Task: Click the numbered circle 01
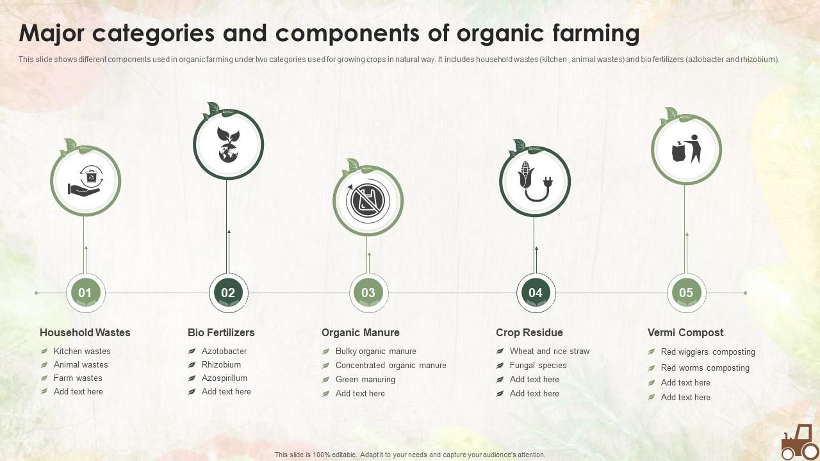[85, 293]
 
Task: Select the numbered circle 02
[228, 293]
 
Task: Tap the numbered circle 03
[368, 293]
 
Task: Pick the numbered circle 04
[536, 293]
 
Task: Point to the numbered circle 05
[685, 293]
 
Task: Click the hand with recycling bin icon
[85, 181]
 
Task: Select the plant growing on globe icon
[228, 144]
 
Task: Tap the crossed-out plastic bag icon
[368, 200]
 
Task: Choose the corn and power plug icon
[535, 181]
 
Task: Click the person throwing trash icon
[686, 149]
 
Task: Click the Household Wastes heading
[85, 332]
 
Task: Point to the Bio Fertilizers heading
[221, 332]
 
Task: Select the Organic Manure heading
[360, 332]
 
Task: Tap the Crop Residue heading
[529, 332]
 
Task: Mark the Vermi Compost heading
[685, 332]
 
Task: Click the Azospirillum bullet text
[224, 378]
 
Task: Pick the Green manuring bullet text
[365, 379]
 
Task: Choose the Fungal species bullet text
[538, 365]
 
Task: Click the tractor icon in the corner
[798, 442]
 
